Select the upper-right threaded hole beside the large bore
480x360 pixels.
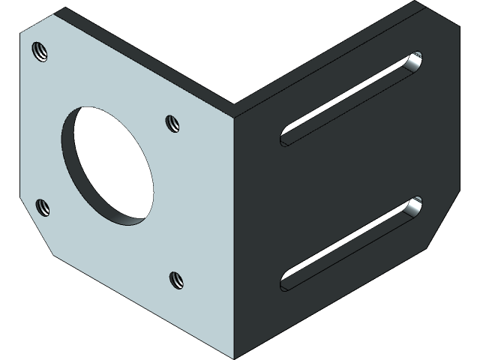[172, 122]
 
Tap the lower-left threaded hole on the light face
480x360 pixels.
[43, 206]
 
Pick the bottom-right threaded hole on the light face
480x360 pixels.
[176, 280]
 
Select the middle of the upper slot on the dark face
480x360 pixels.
[349, 98]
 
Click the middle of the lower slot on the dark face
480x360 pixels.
[349, 244]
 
